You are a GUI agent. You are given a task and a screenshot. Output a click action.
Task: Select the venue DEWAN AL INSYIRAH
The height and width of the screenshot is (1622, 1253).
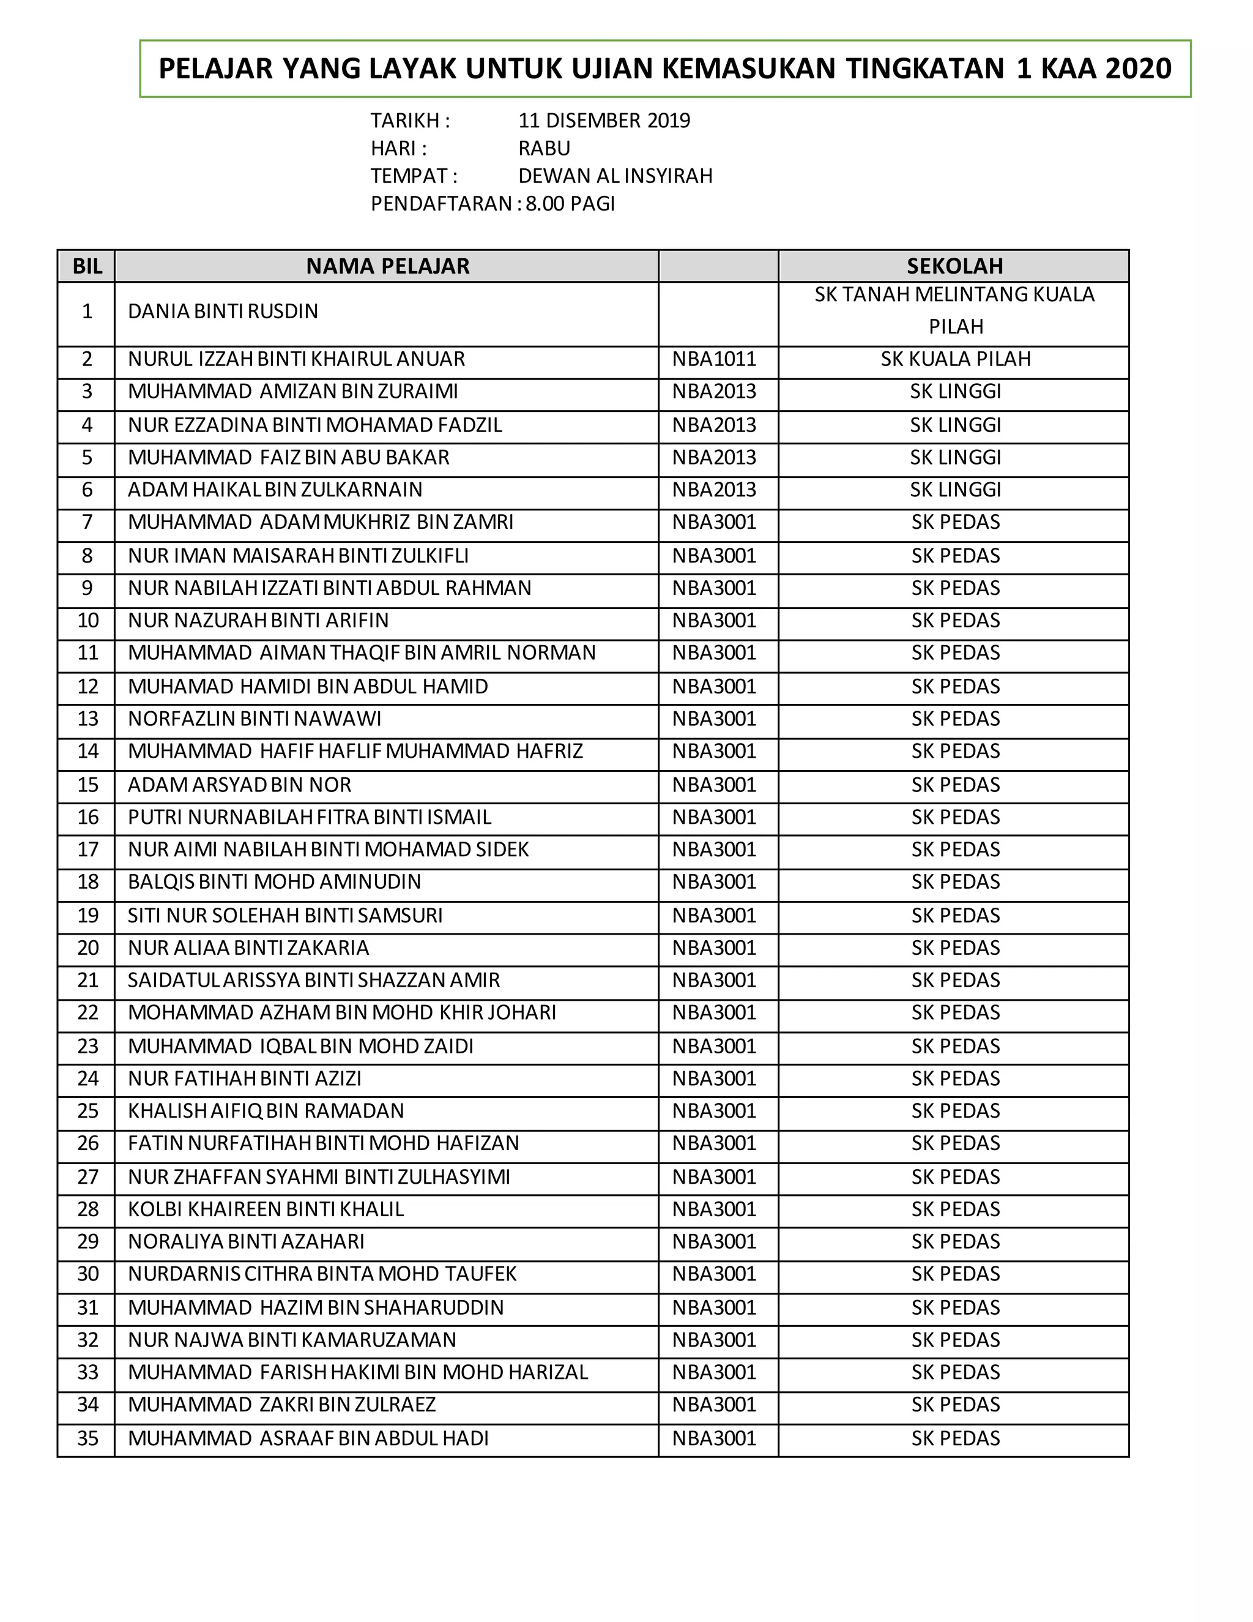615,176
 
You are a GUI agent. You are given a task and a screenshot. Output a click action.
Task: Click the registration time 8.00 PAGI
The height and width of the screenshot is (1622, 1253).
570,203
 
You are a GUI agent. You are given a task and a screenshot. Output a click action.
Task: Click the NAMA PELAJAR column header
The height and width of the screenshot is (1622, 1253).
387,266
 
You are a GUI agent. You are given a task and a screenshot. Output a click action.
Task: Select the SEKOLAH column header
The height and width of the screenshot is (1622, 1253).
954,266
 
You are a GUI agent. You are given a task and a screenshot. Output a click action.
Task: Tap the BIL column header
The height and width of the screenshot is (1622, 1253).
87,266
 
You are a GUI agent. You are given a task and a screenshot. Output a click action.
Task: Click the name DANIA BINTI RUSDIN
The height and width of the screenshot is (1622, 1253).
223,311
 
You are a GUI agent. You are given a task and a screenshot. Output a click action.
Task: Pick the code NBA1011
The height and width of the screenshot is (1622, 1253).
714,359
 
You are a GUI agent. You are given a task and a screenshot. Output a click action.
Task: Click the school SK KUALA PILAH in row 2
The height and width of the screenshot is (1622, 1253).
955,359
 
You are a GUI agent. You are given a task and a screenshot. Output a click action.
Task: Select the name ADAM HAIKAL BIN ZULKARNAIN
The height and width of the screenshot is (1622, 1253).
275,490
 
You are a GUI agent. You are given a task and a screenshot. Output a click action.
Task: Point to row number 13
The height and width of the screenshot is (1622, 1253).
87,719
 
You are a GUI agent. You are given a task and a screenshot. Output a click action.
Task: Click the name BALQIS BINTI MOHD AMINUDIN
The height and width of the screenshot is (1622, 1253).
274,882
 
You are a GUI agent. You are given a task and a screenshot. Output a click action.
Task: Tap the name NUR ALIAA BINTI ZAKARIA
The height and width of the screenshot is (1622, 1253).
248,948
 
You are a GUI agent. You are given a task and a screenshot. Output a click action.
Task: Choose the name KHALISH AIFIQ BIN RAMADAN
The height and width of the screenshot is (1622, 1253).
266,1111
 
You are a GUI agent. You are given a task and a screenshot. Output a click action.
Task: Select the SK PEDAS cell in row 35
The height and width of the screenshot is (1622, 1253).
955,1438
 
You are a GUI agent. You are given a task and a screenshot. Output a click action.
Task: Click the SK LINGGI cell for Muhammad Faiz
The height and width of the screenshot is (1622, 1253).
955,457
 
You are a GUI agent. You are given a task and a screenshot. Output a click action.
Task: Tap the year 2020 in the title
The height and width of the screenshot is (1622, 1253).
1138,69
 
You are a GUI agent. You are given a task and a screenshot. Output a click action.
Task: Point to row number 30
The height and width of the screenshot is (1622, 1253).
87,1274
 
